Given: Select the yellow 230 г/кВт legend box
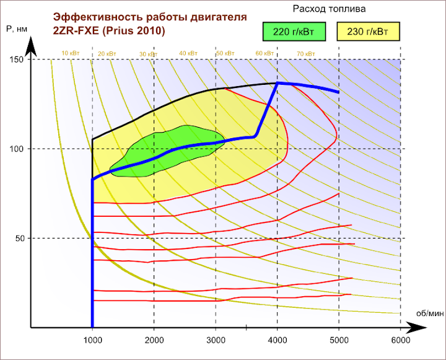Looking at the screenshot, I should click(x=368, y=30).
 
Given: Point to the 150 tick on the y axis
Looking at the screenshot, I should click(x=16, y=59).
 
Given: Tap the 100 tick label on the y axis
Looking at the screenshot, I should click(x=16, y=149).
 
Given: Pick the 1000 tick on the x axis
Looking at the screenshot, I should click(x=92, y=340).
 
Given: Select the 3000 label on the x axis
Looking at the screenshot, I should click(x=216, y=340).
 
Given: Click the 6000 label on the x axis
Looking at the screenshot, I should click(x=401, y=340).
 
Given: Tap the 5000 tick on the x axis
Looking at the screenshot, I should click(x=339, y=340).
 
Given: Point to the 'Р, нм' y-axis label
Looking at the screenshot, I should click(x=15, y=29).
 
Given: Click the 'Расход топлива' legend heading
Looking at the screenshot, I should click(x=329, y=9).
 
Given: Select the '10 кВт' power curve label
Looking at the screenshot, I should click(x=70, y=54).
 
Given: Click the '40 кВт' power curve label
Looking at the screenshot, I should click(x=188, y=54).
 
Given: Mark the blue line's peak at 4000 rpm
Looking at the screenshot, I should click(x=278, y=82).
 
